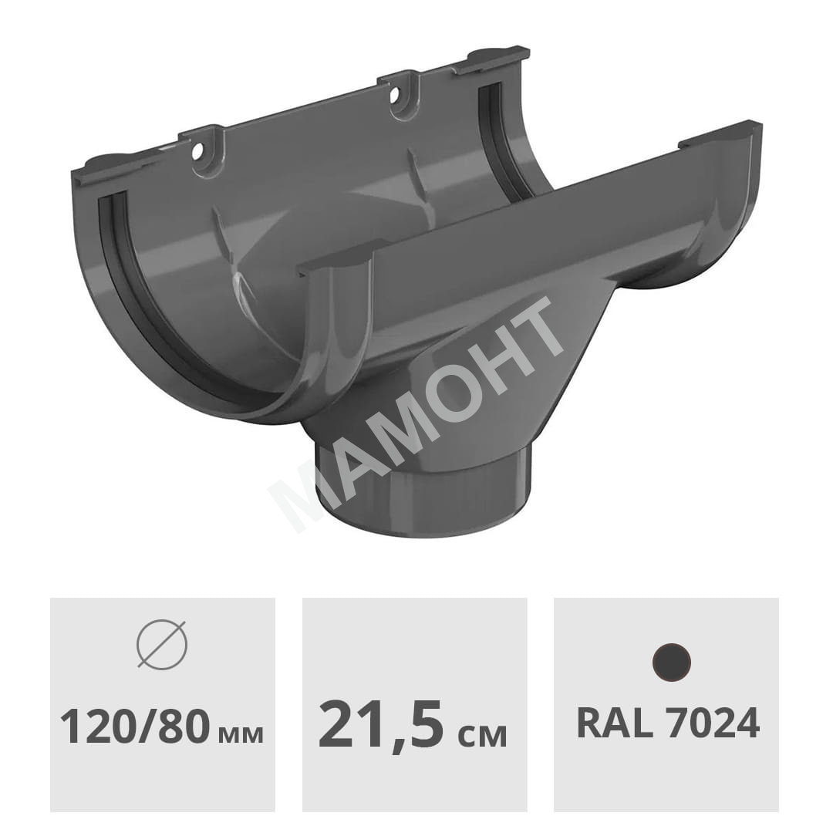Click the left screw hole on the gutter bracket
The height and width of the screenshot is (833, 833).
click(x=197, y=152)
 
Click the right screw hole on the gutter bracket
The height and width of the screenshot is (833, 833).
click(x=395, y=96)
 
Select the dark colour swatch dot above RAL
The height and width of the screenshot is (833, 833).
click(x=672, y=663)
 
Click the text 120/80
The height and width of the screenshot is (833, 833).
click(x=132, y=727)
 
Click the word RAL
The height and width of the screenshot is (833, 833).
click(x=615, y=723)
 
